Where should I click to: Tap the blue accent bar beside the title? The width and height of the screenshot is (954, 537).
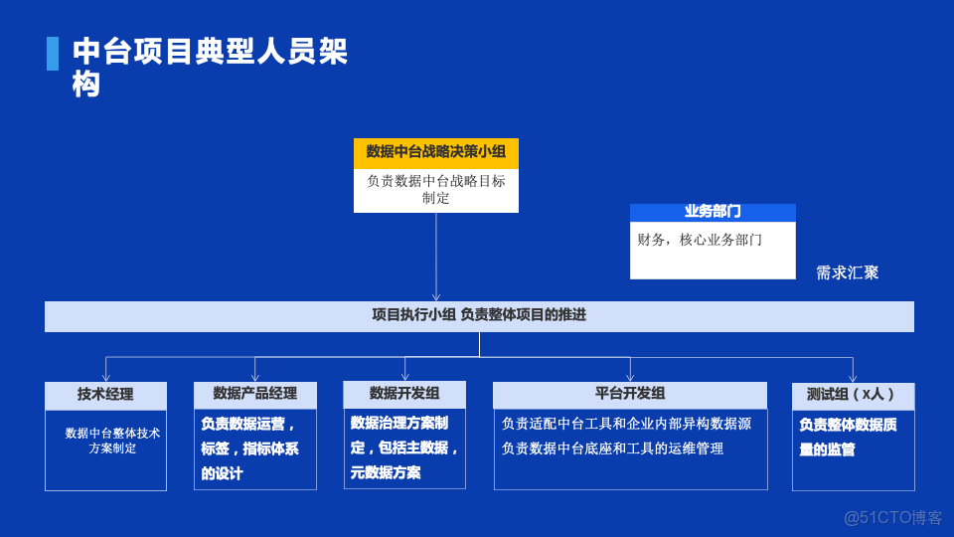52,54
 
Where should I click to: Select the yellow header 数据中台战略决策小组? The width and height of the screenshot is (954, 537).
435,152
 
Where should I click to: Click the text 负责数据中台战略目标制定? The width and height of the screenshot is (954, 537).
435,189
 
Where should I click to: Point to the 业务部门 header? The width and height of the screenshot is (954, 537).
713,212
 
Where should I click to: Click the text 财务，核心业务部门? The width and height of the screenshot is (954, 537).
700,240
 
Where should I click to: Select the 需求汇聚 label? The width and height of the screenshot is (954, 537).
847,272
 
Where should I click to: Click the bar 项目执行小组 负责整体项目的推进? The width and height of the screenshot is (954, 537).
479,315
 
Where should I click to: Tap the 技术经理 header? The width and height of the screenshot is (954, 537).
105,394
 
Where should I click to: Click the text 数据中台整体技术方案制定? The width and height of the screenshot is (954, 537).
112,441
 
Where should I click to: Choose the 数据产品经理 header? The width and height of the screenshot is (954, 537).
254,394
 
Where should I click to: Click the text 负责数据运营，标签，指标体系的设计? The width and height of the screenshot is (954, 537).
249,448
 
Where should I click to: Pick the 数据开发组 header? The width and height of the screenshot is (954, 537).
403,393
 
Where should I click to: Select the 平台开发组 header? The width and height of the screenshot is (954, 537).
629,394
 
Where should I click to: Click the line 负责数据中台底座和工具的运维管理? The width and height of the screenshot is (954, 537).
612,448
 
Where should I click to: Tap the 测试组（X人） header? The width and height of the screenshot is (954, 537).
852,395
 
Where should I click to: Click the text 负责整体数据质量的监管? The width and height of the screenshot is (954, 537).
848,437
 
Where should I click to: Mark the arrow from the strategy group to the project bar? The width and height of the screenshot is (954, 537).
435,259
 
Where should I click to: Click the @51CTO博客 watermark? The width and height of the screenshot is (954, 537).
892,517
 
